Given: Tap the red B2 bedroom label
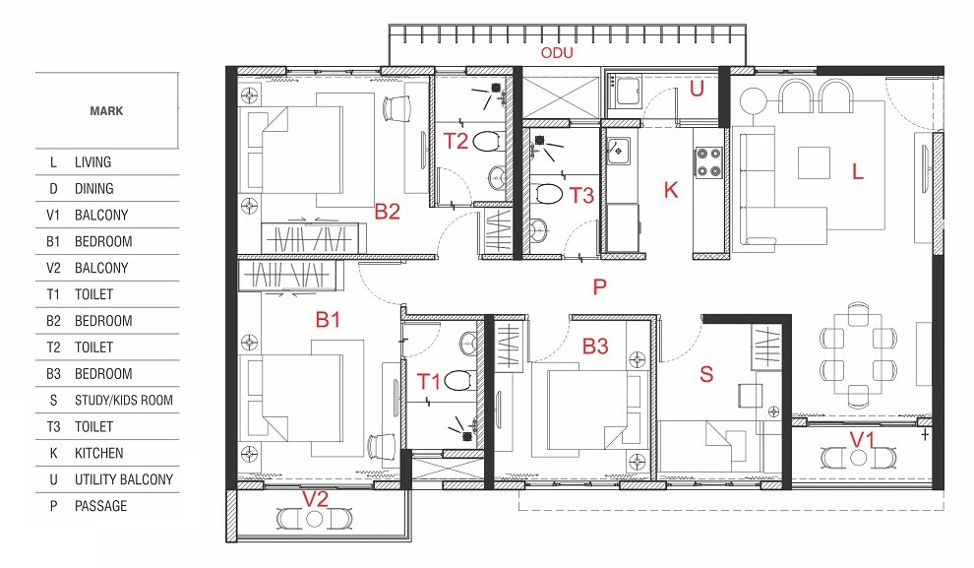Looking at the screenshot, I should point(387,211).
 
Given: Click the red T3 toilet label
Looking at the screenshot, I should point(581,195).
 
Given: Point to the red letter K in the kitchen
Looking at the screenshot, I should point(671,190).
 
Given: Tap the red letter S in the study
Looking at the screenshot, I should point(705,373).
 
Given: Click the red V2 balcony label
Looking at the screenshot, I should point(314,499).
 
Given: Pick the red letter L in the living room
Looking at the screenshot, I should point(857,171).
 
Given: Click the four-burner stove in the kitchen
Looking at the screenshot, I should point(709,161).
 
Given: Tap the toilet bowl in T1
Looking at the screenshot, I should point(455,381).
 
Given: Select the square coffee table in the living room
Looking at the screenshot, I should point(814,162).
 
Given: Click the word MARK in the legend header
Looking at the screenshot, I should point(106,111).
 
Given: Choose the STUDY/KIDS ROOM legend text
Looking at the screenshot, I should point(123,401).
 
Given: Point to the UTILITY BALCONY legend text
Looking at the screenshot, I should point(123,479).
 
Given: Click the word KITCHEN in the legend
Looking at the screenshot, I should point(99,453).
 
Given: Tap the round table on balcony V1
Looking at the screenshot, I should point(859,458).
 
